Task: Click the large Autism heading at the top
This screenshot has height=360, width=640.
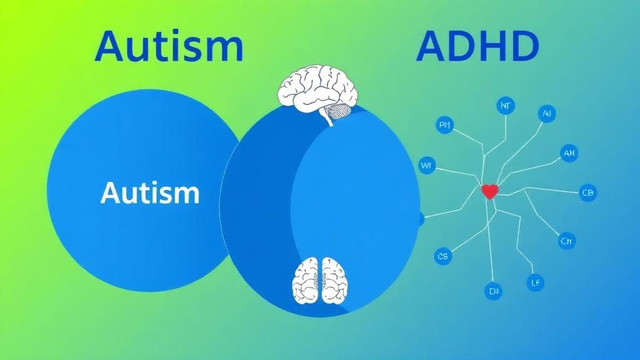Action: click(x=168, y=47)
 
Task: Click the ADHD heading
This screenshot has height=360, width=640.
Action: click(x=477, y=47)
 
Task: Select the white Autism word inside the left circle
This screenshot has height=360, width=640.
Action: click(x=150, y=193)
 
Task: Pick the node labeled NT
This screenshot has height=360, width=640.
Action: click(x=506, y=106)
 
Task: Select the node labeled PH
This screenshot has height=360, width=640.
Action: click(x=445, y=126)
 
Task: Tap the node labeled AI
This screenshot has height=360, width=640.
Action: click(x=547, y=114)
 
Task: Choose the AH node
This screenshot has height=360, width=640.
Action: click(x=569, y=153)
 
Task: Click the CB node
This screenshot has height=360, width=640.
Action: click(x=588, y=192)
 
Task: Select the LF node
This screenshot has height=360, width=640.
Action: click(x=535, y=282)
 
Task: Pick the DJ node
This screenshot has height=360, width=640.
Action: click(x=493, y=291)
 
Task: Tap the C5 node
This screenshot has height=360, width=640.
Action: click(x=443, y=256)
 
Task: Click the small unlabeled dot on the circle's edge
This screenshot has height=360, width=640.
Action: click(x=420, y=219)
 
